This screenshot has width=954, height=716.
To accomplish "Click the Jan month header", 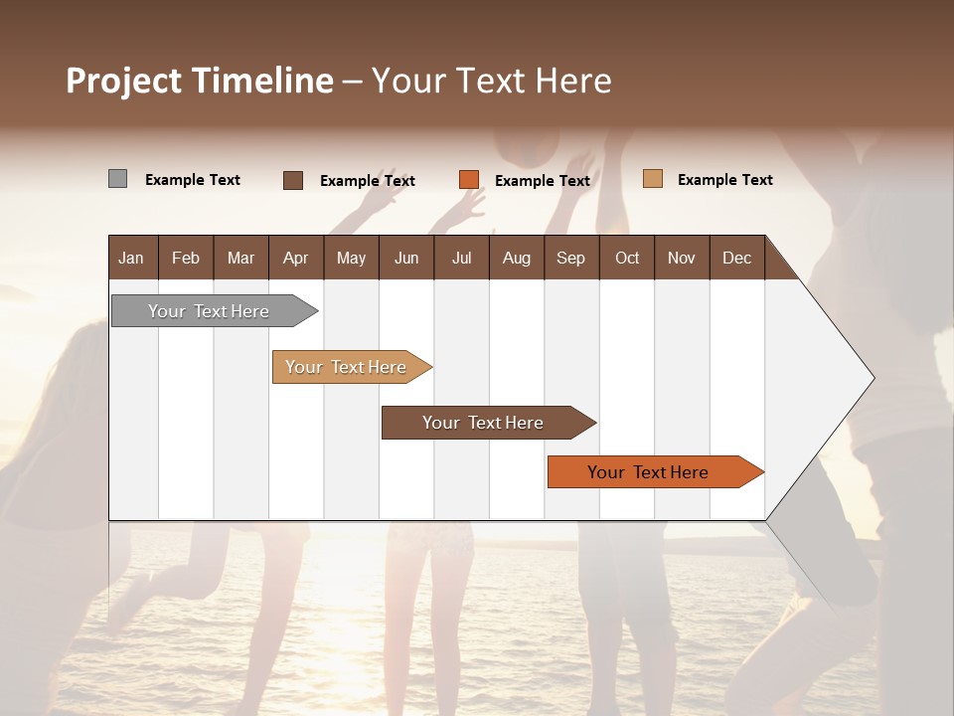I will [x=131, y=258].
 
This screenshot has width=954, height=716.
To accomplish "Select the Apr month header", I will [x=296, y=258].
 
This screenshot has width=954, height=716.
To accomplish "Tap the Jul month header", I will [x=461, y=258].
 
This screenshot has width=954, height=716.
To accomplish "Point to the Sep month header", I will [x=570, y=258].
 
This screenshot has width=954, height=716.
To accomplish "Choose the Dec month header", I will [x=736, y=258].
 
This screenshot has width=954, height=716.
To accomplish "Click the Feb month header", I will [x=186, y=258].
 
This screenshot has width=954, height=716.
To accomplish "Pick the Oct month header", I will [x=627, y=258].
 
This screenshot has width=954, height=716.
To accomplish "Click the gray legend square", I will [x=117, y=179].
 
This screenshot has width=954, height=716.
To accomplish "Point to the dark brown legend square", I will [x=293, y=180].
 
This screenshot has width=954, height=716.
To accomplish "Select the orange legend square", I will [x=469, y=180].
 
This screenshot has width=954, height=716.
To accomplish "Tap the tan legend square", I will [x=653, y=179].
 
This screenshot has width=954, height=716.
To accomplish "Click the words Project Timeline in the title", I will [x=200, y=81].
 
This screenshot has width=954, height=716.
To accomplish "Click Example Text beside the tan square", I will [x=724, y=180].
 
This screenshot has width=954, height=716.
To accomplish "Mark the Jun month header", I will [x=406, y=258].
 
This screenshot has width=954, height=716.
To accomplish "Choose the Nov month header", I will [x=682, y=258].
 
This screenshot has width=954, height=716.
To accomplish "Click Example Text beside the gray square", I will [x=193, y=180].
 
